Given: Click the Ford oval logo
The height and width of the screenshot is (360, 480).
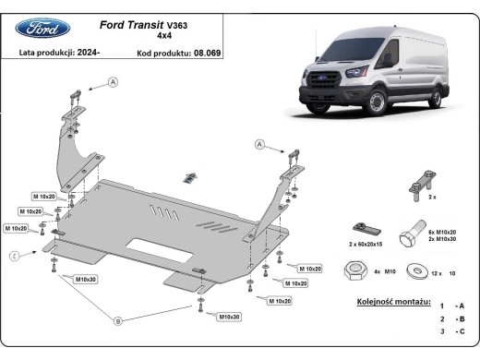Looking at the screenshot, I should coord(43,28).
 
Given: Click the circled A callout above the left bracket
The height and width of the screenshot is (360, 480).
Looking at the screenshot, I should coord(114,82).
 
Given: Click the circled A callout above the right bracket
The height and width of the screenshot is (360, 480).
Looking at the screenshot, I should coord(259,144).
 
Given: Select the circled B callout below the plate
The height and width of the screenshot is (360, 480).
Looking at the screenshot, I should coord(117,321).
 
